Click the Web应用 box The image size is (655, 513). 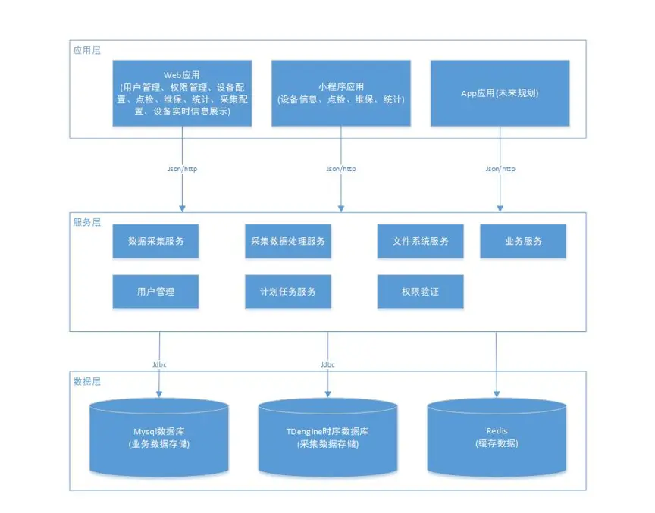point(182,93)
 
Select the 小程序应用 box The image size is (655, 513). point(340,93)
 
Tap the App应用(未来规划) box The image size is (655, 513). point(499,93)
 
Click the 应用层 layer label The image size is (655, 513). point(86,50)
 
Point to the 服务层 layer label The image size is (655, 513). point(86,222)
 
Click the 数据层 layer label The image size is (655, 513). point(86,381)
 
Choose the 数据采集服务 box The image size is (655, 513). point(155,241)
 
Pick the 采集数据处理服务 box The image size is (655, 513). point(288,241)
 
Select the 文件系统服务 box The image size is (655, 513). point(421,241)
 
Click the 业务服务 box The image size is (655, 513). point(523,241)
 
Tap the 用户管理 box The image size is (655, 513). point(155,292)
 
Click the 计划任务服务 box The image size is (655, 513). point(288,292)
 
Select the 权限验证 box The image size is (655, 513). point(421,292)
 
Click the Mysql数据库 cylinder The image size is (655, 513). point(159,437)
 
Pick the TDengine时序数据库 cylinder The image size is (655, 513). point(327,437)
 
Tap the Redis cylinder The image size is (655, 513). point(497,437)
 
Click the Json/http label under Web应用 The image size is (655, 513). point(182,169)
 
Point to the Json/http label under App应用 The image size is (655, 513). point(500,169)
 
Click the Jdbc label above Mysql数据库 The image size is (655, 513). point(159,364)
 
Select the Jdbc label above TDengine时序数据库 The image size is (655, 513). point(327,364)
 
